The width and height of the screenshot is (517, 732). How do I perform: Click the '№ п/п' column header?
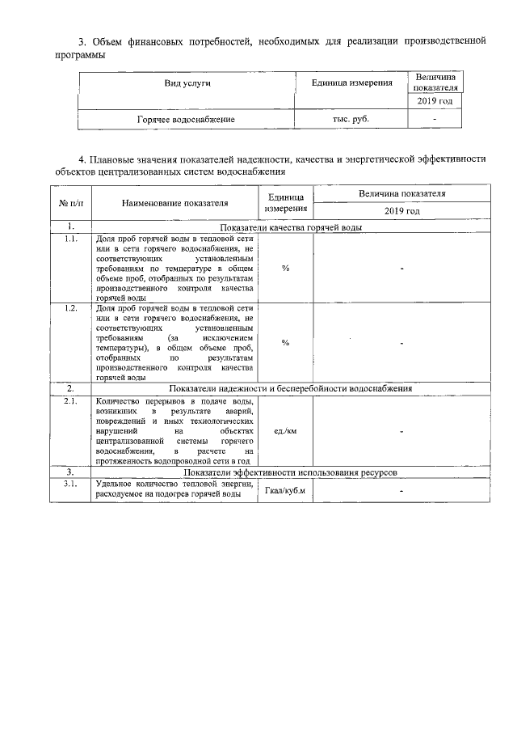click(71, 203)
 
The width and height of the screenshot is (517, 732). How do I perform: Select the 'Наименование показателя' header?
click(174, 203)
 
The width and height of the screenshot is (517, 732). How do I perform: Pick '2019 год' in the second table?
click(401, 211)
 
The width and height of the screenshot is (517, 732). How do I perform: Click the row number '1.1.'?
click(71, 239)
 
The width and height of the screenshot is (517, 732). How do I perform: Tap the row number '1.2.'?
click(71, 308)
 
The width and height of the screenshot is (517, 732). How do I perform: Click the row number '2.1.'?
click(71, 402)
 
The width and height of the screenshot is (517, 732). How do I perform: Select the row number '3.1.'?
click(71, 484)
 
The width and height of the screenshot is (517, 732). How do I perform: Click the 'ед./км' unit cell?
click(285, 431)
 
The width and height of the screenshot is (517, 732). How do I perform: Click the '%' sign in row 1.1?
click(285, 269)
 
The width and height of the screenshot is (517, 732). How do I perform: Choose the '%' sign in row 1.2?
click(285, 343)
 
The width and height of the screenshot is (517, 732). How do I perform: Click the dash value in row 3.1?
click(401, 492)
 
